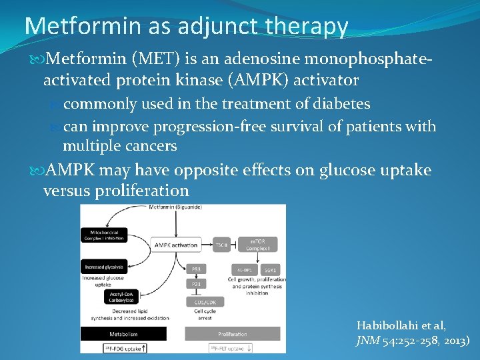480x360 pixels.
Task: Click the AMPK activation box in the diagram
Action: (x=176, y=245)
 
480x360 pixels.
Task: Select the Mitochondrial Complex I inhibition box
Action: (x=103, y=235)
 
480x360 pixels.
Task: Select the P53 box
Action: (x=196, y=269)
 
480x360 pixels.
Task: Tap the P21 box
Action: (x=196, y=284)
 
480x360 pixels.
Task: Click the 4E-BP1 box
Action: (x=243, y=269)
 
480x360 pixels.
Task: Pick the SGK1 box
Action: (x=273, y=269)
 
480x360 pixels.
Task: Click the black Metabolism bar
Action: (x=123, y=334)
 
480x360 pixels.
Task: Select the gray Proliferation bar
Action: (x=233, y=334)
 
